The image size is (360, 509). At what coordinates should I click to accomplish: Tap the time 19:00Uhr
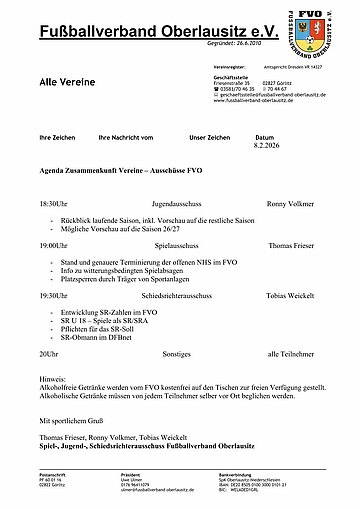[55, 244]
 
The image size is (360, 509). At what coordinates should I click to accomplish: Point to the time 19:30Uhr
[55, 296]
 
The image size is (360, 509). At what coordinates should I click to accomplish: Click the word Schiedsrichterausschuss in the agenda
[184, 296]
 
